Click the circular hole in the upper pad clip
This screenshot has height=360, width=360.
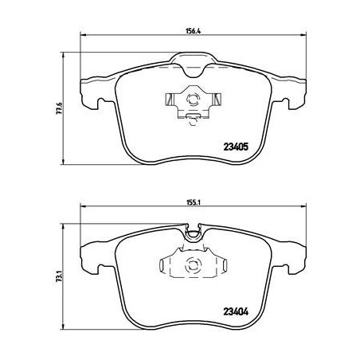click(191, 100)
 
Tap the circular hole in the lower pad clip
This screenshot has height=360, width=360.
click(191, 264)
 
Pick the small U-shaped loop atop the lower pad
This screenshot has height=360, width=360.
click(191, 233)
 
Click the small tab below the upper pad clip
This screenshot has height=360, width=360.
click(191, 119)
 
